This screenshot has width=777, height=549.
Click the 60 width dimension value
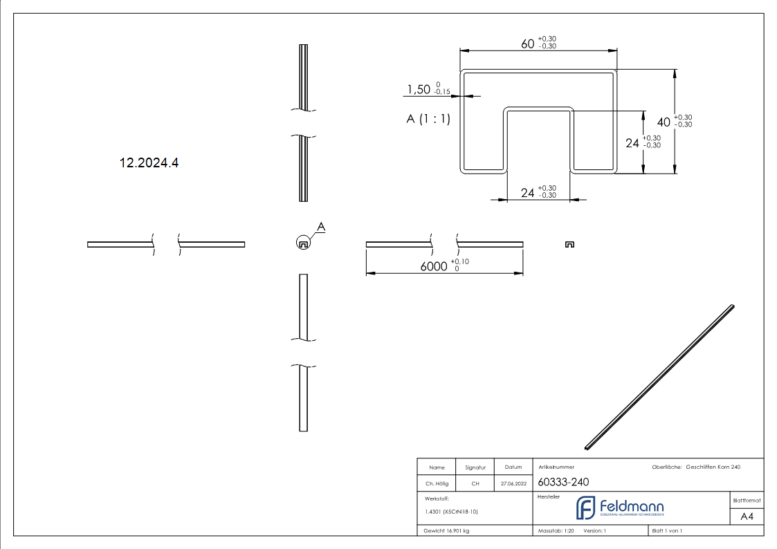[528, 44]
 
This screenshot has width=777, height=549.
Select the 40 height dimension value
[664, 122]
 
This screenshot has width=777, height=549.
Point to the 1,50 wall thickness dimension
[419, 89]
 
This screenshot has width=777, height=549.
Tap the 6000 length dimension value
[434, 266]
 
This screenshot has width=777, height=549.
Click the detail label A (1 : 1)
[428, 119]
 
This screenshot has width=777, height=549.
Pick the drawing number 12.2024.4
[149, 163]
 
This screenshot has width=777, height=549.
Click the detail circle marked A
[302, 243]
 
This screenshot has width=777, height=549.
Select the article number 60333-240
[563, 482]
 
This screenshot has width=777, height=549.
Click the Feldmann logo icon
[585, 508]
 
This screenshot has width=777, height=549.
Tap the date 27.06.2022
[513, 484]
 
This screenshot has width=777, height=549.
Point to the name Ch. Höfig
[437, 484]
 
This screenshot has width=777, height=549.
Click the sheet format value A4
[747, 517]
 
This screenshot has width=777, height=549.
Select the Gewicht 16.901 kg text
[447, 531]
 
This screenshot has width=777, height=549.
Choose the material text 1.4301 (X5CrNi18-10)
[452, 512]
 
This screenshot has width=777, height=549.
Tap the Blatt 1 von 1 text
[667, 531]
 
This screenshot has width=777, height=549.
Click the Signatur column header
[475, 467]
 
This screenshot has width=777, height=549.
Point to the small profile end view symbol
[569, 244]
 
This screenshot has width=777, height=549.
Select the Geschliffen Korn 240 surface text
[713, 467]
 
